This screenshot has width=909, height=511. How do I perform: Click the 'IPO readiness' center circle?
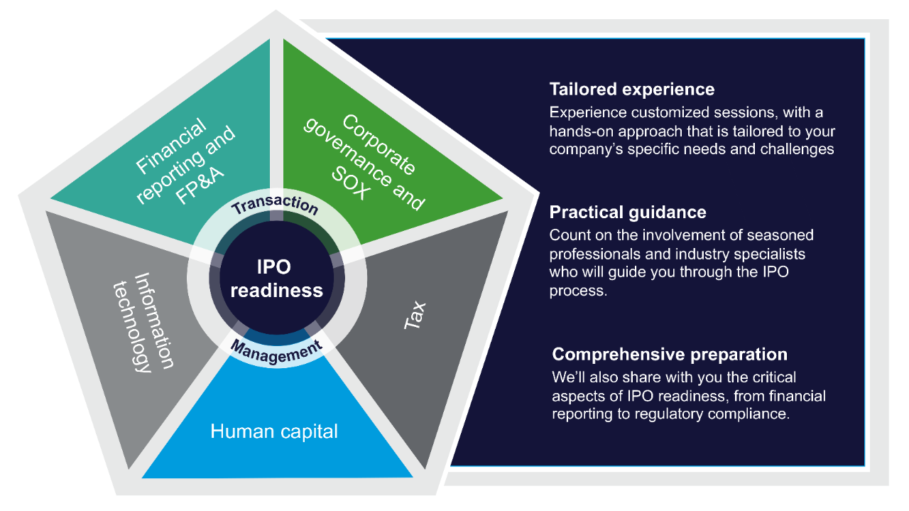277,279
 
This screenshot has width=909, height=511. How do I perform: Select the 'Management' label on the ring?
276,351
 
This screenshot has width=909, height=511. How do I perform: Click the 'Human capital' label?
274,431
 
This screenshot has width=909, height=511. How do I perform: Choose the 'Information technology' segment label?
143,321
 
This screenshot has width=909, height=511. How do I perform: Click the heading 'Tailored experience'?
631,89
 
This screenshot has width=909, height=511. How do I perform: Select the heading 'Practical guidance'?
628,212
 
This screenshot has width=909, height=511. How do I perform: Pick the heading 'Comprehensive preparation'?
670,354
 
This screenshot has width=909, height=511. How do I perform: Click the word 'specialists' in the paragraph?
768,254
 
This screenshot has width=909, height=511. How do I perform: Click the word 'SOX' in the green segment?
349,186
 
